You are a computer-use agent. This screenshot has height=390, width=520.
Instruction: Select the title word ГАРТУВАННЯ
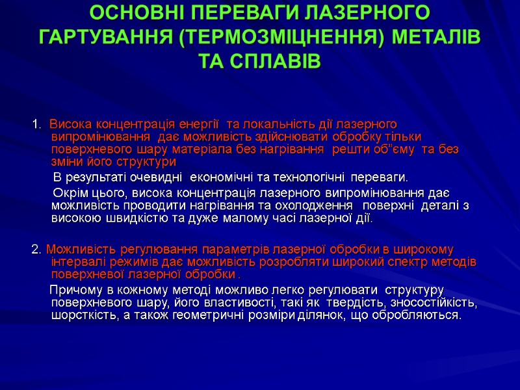[103, 37]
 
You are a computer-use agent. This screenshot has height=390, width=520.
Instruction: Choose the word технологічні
[304, 177]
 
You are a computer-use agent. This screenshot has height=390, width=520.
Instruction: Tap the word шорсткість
[80, 315]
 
